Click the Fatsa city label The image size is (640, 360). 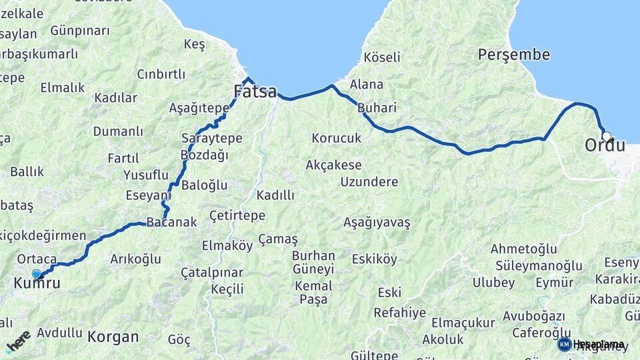(255, 91)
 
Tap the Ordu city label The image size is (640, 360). (605, 145)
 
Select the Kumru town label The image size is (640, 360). (37, 283)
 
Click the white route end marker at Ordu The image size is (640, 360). (606, 136)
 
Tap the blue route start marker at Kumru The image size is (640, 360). (37, 274)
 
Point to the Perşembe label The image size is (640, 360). (513, 55)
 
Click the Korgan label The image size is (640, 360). (113, 337)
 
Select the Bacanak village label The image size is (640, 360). (171, 222)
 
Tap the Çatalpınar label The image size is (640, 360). (212, 273)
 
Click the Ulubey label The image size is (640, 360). (493, 282)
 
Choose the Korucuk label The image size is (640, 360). (336, 138)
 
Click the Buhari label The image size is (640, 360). (377, 107)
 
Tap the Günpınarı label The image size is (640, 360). (79, 31)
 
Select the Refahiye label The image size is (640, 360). (399, 312)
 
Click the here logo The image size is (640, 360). (18, 341)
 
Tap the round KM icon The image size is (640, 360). (565, 345)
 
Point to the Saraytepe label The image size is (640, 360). (211, 138)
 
